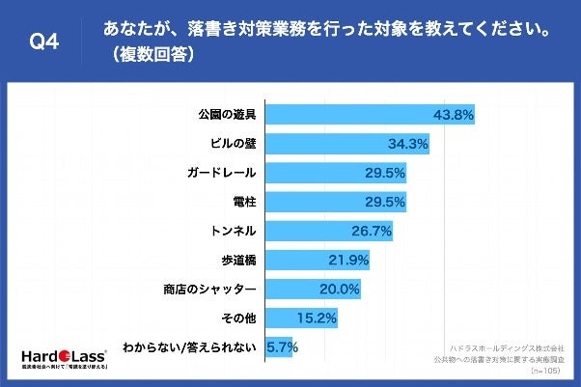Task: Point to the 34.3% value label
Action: (409, 144)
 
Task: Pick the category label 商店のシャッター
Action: (208, 289)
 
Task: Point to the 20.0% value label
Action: (341, 289)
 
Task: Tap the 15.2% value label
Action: (318, 318)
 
